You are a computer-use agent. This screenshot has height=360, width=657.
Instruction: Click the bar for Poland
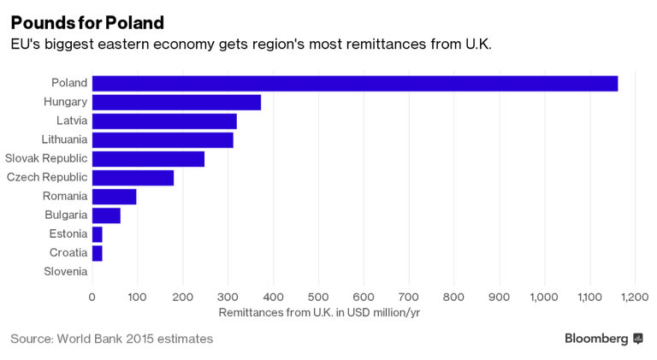[354, 84]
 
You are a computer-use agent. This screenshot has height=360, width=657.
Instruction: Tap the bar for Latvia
[164, 121]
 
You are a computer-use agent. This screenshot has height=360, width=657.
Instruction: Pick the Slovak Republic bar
[148, 159]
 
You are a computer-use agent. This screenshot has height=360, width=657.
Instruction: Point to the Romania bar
[114, 197]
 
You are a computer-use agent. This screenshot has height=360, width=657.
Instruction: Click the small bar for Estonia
[98, 234]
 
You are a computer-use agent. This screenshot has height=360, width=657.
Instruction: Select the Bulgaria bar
[106, 215]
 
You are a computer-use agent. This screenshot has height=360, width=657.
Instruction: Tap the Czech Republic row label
[47, 177]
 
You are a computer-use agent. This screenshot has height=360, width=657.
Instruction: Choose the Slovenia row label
[65, 271]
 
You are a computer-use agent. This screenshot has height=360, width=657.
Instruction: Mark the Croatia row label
[68, 252]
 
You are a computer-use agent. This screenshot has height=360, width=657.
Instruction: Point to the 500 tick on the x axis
[318, 298]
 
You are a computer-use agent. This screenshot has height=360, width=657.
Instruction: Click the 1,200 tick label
[635, 298]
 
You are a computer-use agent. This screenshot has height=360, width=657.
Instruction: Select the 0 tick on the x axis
[92, 298]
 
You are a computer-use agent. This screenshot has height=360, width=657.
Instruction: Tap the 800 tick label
[454, 298]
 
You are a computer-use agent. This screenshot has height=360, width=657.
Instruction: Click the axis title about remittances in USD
[319, 313]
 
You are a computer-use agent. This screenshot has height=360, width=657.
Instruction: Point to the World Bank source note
[111, 339]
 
